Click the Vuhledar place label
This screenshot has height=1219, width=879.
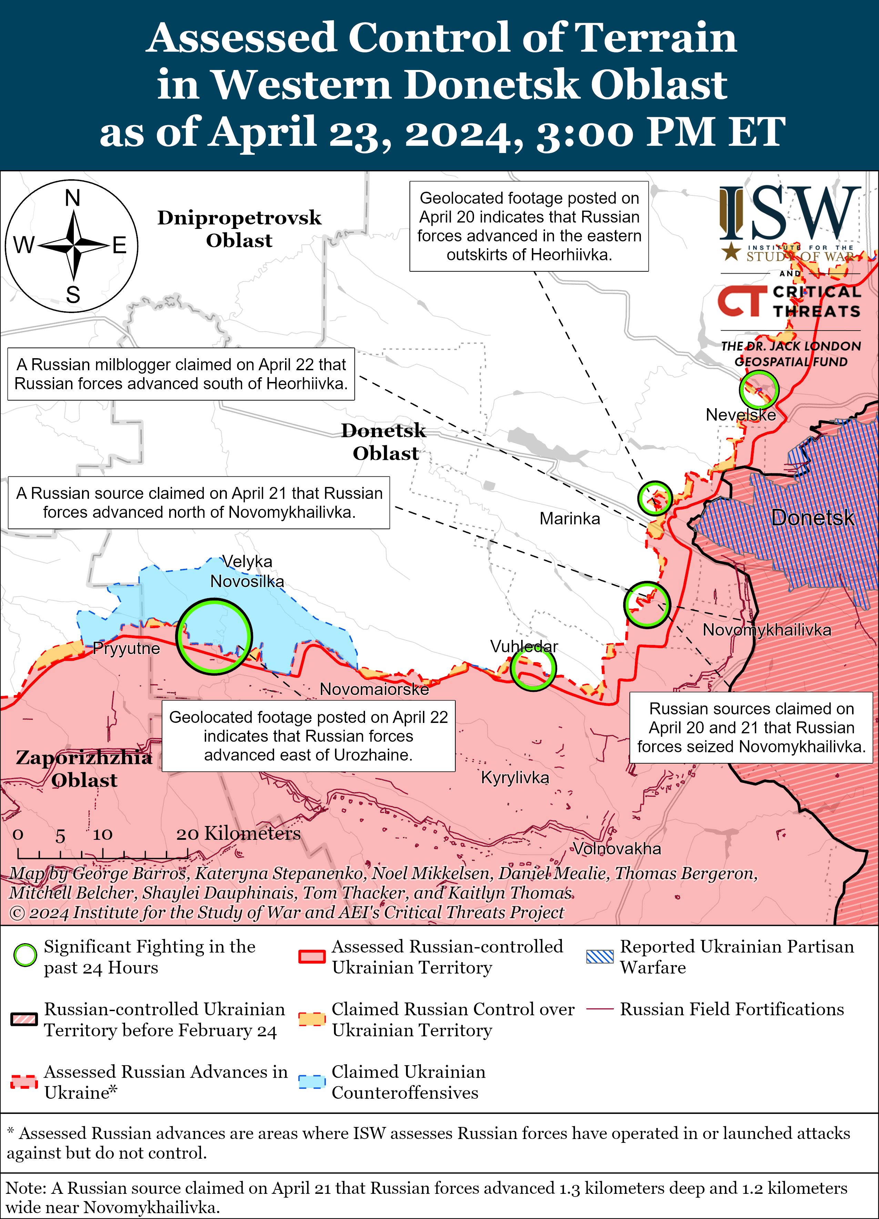click(524, 647)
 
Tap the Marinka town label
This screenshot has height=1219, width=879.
click(569, 519)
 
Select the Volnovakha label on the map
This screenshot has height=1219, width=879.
click(617, 849)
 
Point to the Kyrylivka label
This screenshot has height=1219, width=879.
click(515, 778)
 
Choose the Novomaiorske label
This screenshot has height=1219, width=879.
click(374, 689)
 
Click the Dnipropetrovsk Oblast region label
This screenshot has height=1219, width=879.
click(239, 229)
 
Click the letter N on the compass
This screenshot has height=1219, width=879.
click(72, 198)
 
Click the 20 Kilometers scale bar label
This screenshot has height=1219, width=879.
click(238, 834)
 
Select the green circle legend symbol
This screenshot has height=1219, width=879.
click(25, 955)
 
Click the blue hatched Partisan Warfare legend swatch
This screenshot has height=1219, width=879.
click(599, 956)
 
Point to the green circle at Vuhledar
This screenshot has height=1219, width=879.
click(533, 668)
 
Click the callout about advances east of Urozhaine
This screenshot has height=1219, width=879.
click(309, 736)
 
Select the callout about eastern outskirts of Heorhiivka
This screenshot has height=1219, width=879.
click(529, 226)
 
